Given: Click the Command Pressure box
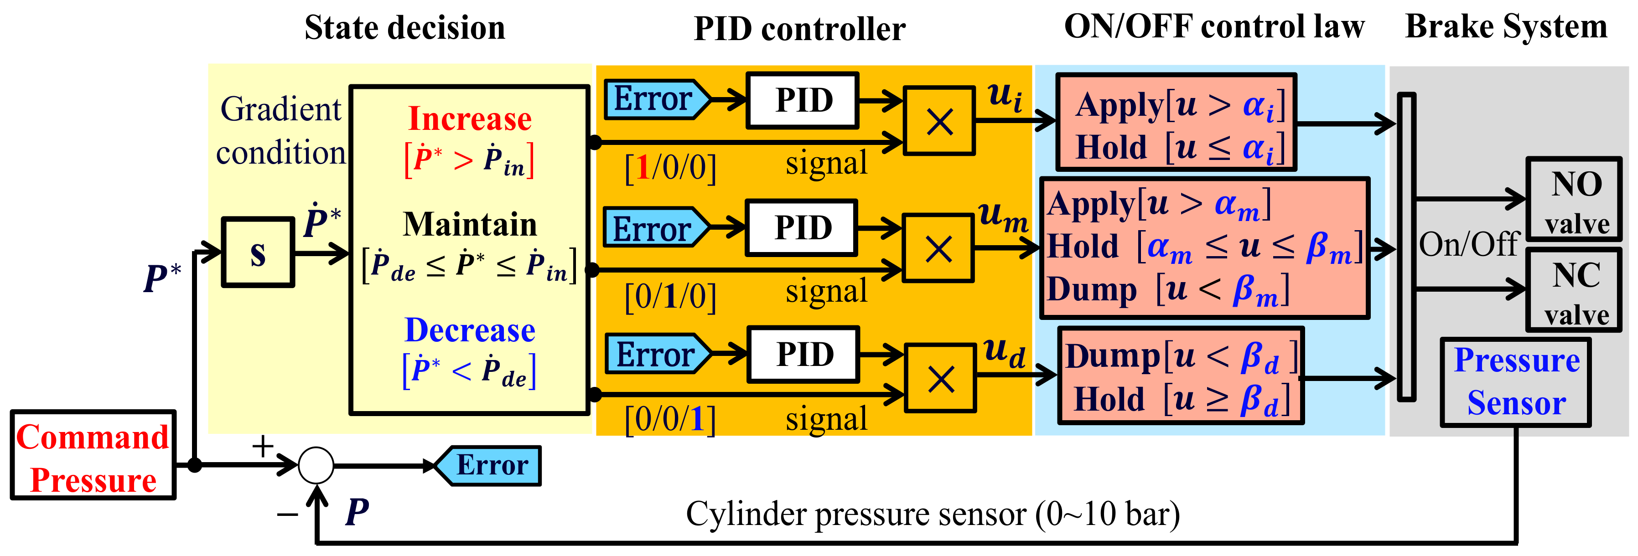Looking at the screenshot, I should (x=93, y=455).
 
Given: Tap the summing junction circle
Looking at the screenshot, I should (x=316, y=465).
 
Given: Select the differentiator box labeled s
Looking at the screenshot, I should (x=258, y=252).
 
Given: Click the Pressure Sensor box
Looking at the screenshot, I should (x=1516, y=382).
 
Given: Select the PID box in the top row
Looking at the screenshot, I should (x=803, y=100).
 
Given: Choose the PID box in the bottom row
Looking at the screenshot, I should (x=804, y=355).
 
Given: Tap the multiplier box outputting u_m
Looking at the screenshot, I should (x=938, y=248).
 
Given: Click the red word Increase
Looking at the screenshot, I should (x=469, y=119).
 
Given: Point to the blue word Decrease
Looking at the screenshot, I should (x=469, y=330).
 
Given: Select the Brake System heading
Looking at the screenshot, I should (x=1506, y=27).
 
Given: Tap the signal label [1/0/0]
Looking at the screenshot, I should (x=670, y=168).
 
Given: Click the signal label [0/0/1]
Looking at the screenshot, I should (x=670, y=419).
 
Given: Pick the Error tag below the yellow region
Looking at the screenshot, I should (x=490, y=466).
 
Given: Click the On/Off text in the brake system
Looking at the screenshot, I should (x=1469, y=244).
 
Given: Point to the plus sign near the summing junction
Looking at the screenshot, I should (x=263, y=446).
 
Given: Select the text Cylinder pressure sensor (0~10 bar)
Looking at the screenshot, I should (x=932, y=514).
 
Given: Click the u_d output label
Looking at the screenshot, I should (x=1003, y=353).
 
